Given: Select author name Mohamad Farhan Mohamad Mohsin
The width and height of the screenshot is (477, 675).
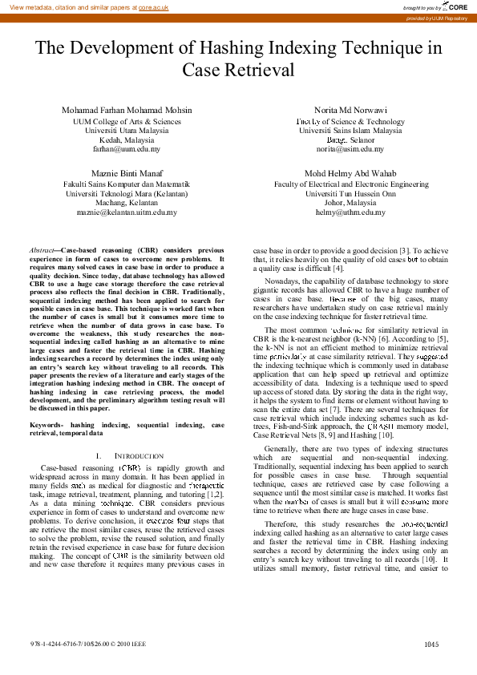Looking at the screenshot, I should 127,110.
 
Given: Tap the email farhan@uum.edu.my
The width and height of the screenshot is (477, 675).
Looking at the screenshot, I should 127,149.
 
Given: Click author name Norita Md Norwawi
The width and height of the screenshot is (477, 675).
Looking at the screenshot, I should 350,110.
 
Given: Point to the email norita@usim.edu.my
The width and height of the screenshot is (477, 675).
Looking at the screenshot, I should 350,149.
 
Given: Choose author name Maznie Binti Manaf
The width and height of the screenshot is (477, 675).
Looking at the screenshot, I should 127,173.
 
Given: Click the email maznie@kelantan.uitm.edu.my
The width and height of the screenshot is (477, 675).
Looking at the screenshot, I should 127,213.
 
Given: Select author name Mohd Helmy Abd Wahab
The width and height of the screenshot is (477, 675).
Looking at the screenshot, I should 350,173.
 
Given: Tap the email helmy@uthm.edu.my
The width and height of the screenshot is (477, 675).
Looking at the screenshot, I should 350,213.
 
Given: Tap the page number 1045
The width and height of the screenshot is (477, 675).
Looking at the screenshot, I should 431,644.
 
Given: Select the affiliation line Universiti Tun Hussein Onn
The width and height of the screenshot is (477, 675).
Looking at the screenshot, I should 350,193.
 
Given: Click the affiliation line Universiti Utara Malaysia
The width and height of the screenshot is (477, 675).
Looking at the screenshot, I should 127,130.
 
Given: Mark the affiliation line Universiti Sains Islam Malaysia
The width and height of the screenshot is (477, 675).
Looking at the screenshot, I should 350,130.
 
